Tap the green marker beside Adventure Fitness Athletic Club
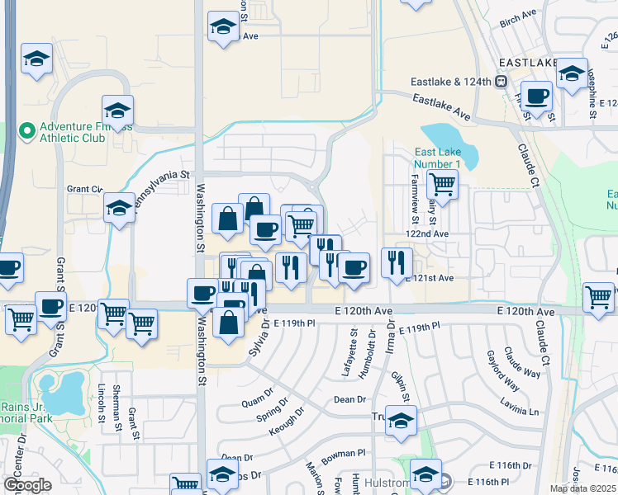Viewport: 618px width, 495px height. tap(26, 130)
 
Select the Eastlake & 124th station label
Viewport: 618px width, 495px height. tap(451, 82)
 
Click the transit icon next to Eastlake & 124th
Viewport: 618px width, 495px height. tap(500, 82)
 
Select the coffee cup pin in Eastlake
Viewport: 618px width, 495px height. tap(536, 97)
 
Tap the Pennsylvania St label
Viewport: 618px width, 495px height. tap(163, 191)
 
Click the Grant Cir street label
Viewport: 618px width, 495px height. tap(84, 189)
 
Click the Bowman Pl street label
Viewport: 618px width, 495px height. tap(344, 453)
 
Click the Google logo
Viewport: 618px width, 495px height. tap(27, 485)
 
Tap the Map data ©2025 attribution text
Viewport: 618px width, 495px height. tap(582, 488)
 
